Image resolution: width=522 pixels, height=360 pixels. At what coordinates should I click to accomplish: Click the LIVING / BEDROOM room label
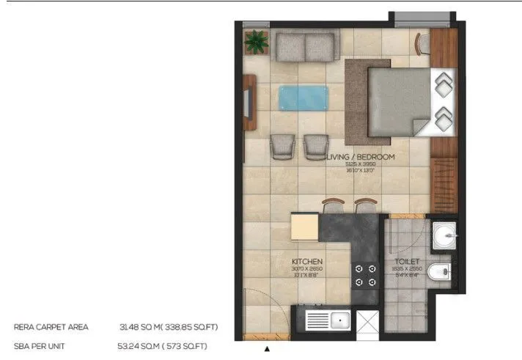359,157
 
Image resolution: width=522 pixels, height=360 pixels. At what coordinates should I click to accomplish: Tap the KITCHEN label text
307,261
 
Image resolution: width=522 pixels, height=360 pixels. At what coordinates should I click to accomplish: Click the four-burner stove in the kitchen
364,276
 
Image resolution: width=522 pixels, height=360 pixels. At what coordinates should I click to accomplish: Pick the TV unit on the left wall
250,102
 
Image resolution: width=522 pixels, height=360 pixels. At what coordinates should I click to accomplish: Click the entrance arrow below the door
267,350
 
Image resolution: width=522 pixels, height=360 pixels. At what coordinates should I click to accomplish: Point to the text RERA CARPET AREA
51,327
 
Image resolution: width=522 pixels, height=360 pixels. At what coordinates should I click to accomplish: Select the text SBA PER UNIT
43,345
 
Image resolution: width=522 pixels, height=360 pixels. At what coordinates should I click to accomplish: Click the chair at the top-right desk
422,43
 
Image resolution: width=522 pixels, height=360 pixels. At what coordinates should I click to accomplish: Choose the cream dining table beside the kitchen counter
305,227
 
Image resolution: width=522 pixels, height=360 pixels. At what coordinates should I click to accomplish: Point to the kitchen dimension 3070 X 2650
307,269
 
